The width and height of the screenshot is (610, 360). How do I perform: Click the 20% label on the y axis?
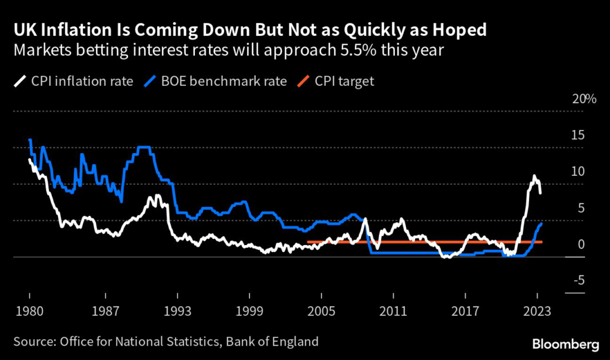[584, 100]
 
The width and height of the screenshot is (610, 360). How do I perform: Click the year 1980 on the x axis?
[29, 311]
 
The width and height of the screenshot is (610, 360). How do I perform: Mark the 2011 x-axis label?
[393, 311]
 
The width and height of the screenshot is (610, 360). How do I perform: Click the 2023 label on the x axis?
[538, 311]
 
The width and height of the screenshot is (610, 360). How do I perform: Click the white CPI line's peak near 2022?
[534, 176]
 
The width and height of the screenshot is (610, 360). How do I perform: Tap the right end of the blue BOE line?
[541, 223]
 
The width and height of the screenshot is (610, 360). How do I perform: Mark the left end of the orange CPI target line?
[308, 242]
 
